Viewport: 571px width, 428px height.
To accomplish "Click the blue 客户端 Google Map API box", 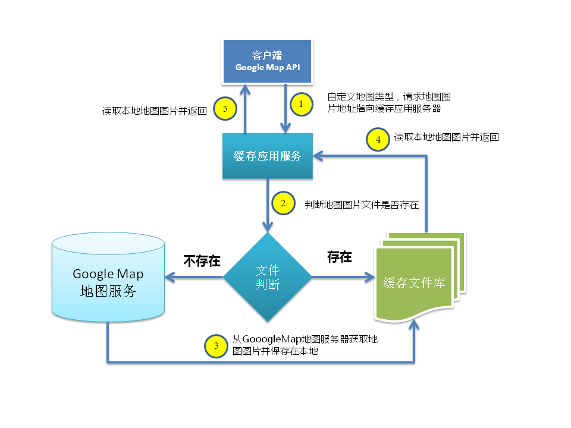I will click(267, 61).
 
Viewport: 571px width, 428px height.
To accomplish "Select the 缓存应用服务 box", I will click(268, 156).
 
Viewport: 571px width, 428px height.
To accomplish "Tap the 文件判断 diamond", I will click(268, 277).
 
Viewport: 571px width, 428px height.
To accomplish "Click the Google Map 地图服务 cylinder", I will click(108, 277).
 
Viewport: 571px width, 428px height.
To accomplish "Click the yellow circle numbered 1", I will click(302, 104).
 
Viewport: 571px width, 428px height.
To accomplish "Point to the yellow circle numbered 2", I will click(283, 203).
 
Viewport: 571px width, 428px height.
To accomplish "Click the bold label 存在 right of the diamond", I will click(339, 257).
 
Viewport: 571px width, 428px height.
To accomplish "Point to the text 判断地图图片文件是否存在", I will click(362, 205).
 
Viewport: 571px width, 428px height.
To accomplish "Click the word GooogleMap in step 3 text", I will click(272, 339).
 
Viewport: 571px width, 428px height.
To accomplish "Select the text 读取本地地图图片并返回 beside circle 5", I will click(154, 111).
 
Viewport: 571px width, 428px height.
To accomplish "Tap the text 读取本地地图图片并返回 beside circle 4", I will click(446, 137).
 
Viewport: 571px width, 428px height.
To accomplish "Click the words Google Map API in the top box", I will click(267, 67).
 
